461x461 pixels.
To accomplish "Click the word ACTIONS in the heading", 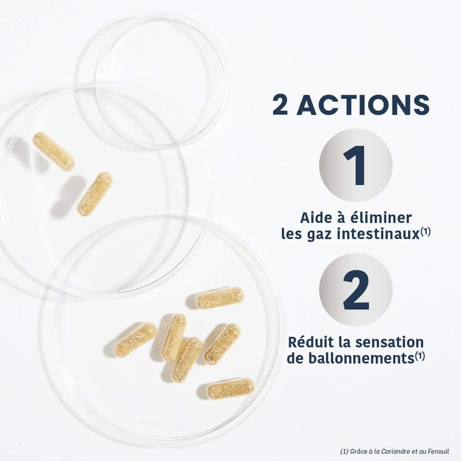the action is (x=363, y=105).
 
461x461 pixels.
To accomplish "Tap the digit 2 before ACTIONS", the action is (x=280, y=105).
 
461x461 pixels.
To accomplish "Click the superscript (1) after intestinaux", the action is (x=425, y=232).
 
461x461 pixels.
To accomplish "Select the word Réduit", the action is (x=310, y=342).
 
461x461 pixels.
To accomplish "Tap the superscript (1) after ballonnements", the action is (x=420, y=356).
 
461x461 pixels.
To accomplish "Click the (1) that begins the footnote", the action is (x=344, y=451).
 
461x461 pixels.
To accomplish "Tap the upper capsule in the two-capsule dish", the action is (x=53, y=151).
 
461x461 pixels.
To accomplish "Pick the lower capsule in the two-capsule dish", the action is (x=95, y=194).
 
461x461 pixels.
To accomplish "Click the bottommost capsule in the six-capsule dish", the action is (x=231, y=388).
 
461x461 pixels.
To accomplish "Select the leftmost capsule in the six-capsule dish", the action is (x=135, y=337).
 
